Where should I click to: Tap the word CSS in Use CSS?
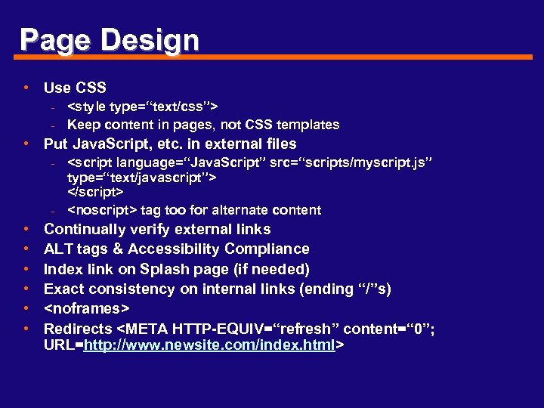click(91, 88)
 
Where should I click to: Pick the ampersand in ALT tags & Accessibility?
click(119, 249)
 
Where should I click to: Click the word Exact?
click(63, 289)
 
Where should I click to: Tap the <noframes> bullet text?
click(87, 308)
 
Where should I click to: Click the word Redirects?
click(78, 329)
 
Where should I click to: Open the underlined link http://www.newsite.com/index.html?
click(211, 345)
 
